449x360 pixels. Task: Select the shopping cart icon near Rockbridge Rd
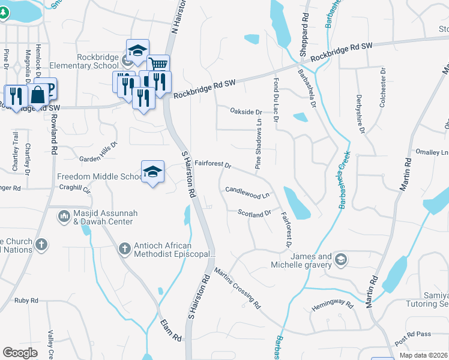(x=158, y=64)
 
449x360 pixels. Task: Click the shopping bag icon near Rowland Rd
(x=38, y=95)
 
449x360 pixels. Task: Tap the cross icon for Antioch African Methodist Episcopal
(x=125, y=248)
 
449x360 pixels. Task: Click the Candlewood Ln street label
(x=247, y=194)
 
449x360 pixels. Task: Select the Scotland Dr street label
(x=255, y=213)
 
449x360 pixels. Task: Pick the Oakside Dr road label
(x=246, y=112)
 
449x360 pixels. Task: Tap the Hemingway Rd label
(x=333, y=306)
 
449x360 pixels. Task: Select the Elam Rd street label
(x=170, y=330)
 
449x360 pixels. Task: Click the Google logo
(x=20, y=353)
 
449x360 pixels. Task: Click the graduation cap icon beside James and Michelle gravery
(x=340, y=259)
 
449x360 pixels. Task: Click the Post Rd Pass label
(x=413, y=338)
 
